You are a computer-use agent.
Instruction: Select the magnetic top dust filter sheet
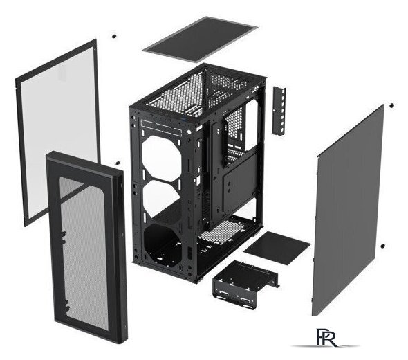pyautogui.click(x=200, y=39)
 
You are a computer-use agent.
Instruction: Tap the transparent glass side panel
pyautogui.click(x=58, y=133)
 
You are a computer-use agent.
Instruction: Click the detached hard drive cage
pyautogui.click(x=245, y=283)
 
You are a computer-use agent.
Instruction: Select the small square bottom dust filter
pyautogui.click(x=277, y=247)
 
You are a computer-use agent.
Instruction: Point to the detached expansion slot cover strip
pyautogui.click(x=279, y=110)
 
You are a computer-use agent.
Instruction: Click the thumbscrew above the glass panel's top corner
pyautogui.click(x=113, y=36)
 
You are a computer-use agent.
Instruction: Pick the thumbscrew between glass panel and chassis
pyautogui.click(x=118, y=163)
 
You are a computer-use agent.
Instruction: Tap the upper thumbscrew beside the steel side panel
pyautogui.click(x=391, y=105)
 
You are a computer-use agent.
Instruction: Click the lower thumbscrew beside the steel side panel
pyautogui.click(x=382, y=246)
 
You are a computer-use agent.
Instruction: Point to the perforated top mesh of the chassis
pyautogui.click(x=177, y=93)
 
